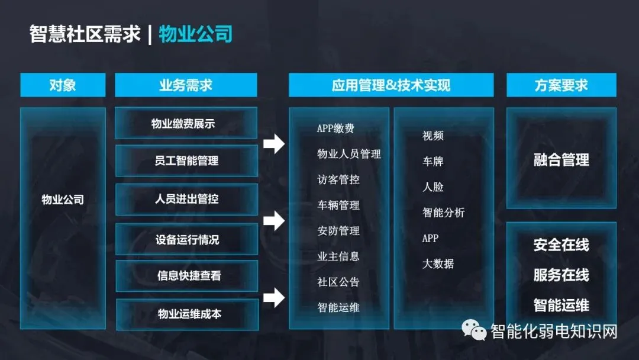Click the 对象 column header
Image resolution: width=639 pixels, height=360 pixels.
pos(63,85)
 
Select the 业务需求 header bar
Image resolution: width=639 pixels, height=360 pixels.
pos(186,85)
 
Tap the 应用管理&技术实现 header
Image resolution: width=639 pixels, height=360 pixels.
pos(390,85)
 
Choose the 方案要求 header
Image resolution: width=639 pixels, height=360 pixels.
pos(561,85)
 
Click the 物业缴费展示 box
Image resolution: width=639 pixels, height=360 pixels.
pos(186,124)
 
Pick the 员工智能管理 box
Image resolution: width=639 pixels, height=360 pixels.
pos(186,160)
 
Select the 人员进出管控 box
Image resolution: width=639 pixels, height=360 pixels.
pos(186,200)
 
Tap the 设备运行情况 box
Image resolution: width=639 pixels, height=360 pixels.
pos(186,239)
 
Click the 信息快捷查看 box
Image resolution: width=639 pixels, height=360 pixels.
pos(186,276)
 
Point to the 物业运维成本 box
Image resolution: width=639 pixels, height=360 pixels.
pos(186,314)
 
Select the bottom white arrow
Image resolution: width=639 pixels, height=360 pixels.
pos(274,297)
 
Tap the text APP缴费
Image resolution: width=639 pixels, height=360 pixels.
pos(335,128)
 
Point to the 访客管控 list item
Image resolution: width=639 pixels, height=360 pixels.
pos(338,179)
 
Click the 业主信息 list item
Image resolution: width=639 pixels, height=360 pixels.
pos(338,256)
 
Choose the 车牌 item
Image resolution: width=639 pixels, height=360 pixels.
pos(433,161)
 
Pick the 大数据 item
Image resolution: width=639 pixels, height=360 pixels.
pos(438,263)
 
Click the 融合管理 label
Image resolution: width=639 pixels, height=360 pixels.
pos(561,160)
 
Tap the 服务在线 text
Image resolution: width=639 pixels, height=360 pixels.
pos(561,275)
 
